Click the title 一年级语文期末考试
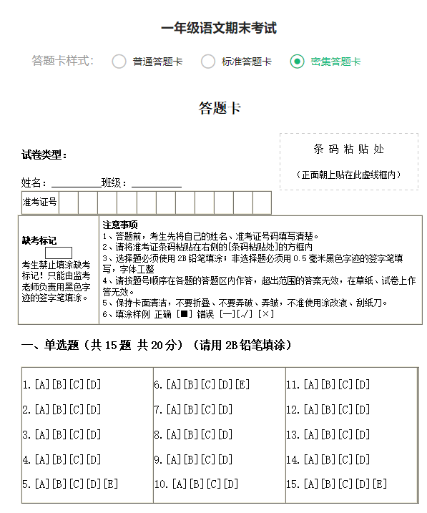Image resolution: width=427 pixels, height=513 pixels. [x=219, y=29]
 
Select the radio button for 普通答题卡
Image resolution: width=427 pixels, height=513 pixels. [x=119, y=62]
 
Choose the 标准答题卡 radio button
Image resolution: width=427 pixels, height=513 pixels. [x=208, y=62]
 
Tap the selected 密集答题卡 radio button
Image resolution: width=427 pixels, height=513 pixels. [x=298, y=62]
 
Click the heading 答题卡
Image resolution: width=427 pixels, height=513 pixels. [x=220, y=109]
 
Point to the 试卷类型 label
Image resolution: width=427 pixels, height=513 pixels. [x=44, y=155]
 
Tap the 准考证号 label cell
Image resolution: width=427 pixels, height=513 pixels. [x=40, y=202]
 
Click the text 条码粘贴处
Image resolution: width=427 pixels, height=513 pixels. [x=348, y=150]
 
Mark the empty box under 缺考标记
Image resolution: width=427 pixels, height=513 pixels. [x=59, y=253]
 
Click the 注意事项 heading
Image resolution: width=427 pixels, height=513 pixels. [x=120, y=225]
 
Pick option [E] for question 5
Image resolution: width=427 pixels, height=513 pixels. [x=111, y=484]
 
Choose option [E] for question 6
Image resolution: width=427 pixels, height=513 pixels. [x=242, y=385]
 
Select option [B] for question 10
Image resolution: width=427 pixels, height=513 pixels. [x=197, y=484]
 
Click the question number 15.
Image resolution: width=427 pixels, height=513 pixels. [x=292, y=484]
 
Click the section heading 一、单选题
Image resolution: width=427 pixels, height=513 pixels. [x=52, y=345]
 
